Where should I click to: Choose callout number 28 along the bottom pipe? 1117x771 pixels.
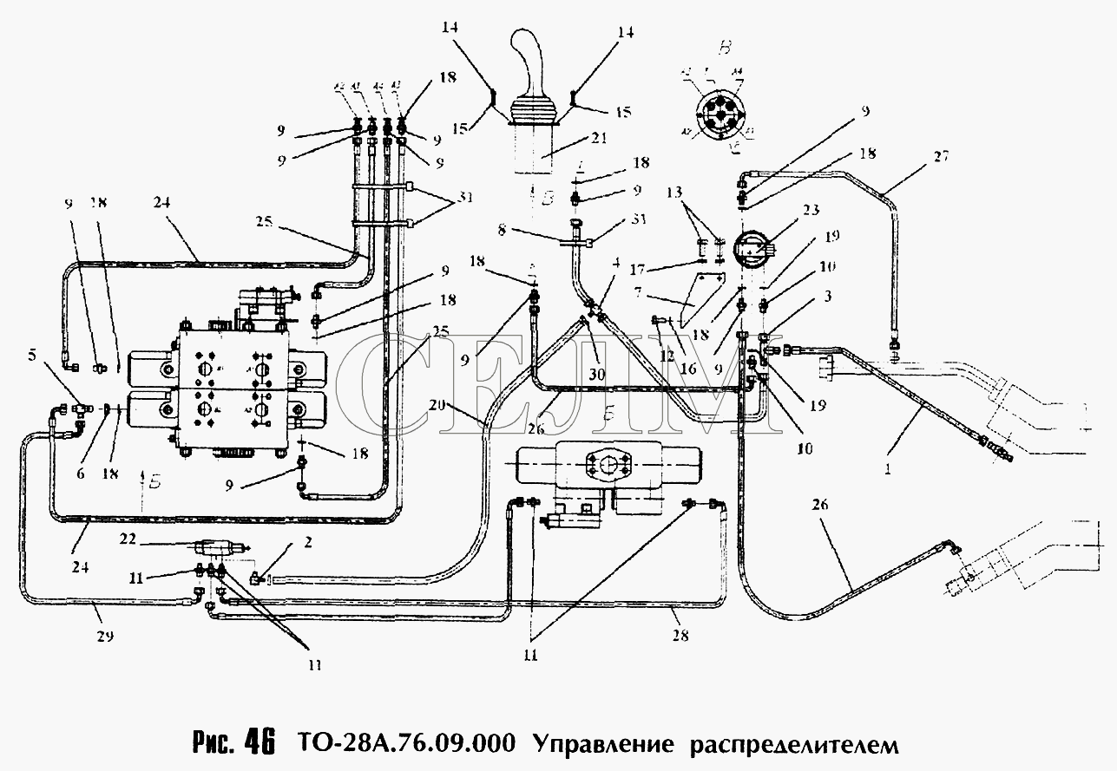pos(680,636)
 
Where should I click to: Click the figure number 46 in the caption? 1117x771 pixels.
pos(259,744)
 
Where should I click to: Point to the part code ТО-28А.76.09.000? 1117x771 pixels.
pos(403,744)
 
